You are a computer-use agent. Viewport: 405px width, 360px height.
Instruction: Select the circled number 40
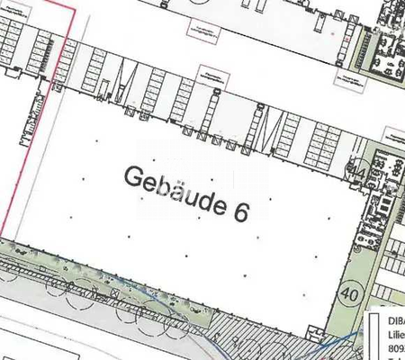(348, 293)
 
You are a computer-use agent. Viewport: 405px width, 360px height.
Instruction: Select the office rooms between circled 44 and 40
(370, 225)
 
